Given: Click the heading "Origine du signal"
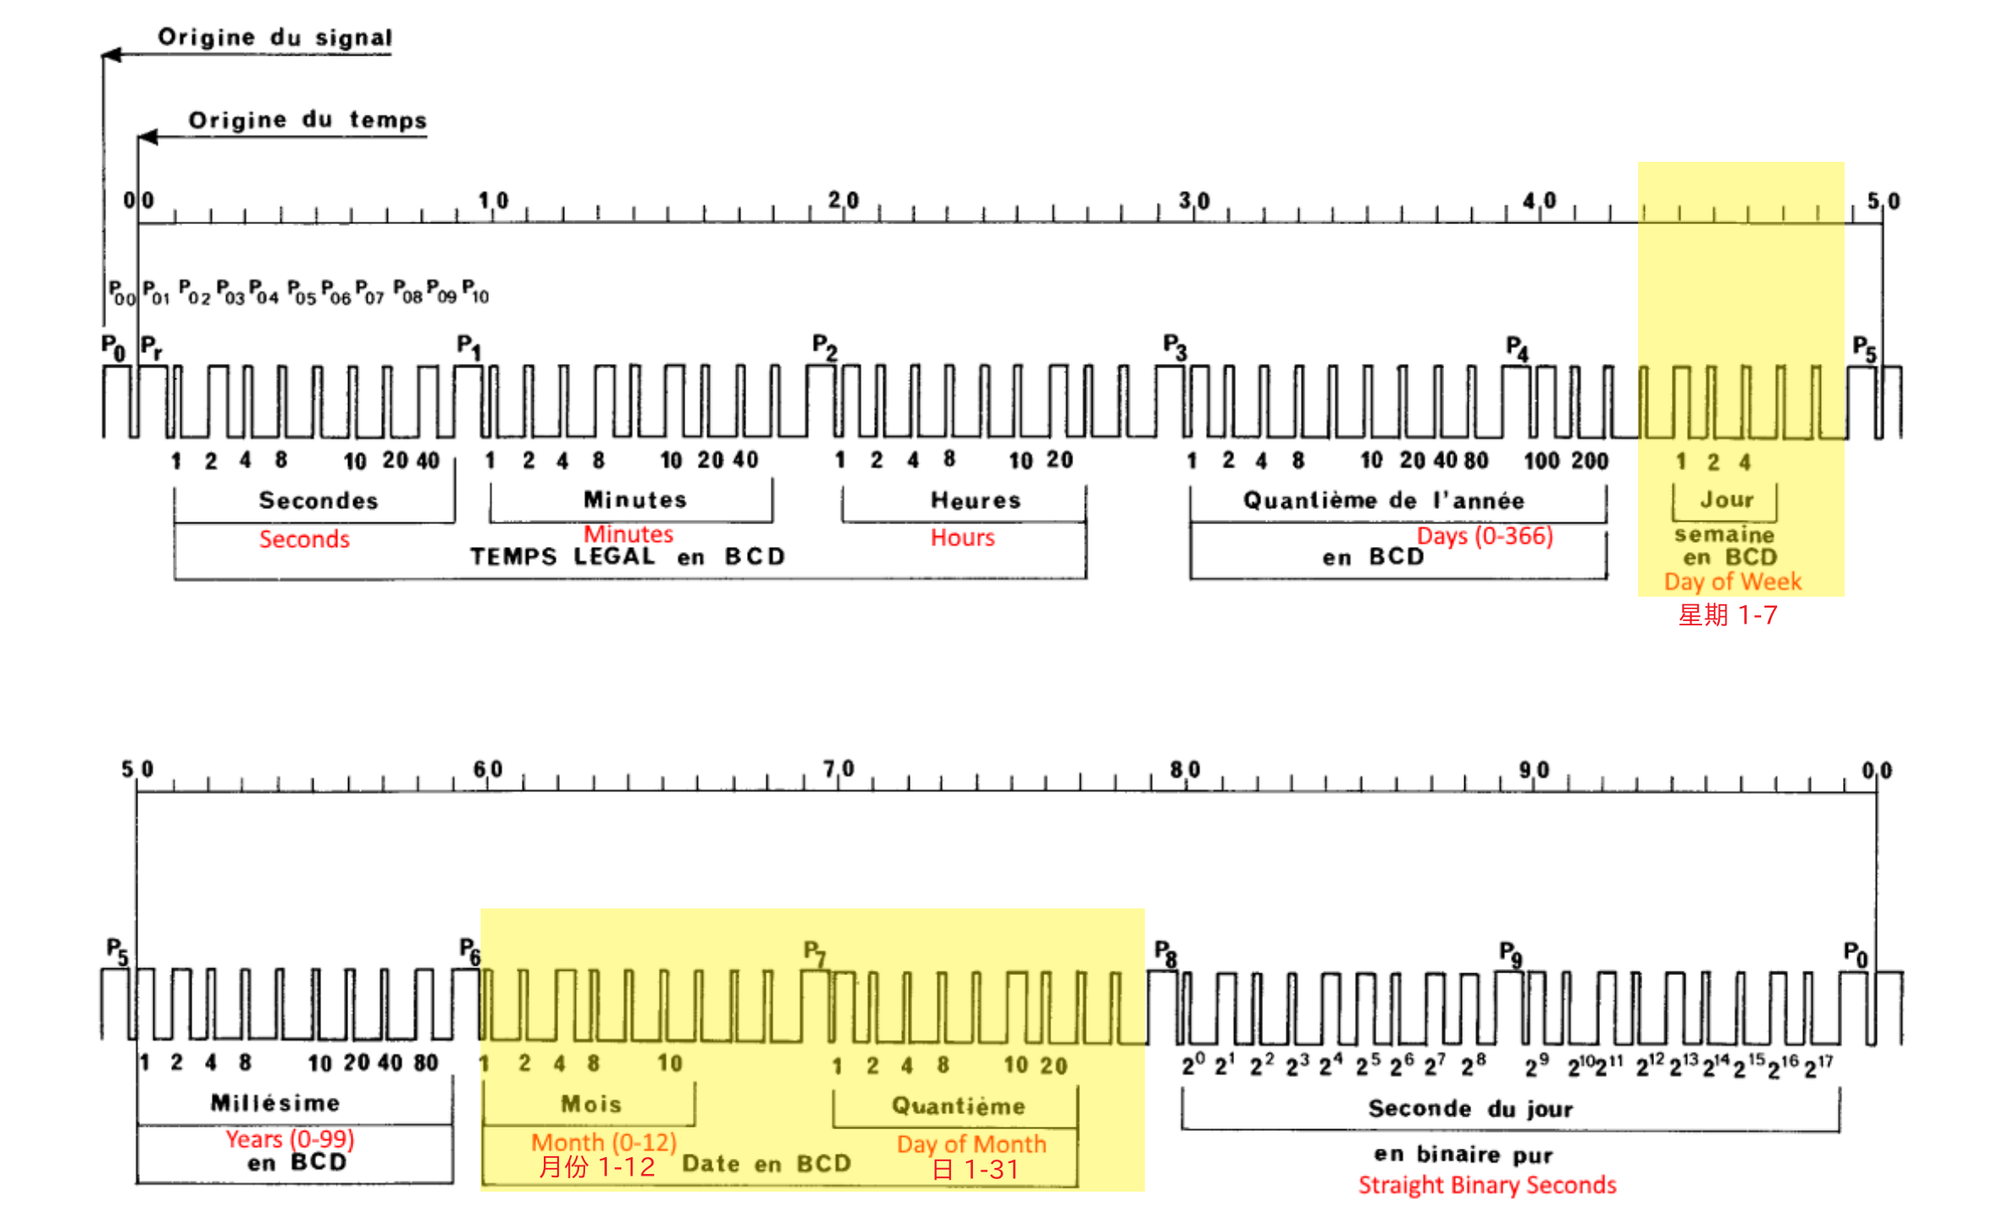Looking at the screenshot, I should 275,37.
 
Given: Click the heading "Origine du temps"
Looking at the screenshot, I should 308,120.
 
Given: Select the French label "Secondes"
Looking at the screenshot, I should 319,501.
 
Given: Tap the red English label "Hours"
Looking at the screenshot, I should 962,538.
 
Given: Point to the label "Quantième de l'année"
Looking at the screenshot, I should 1383,501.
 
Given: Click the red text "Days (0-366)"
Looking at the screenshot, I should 1485,536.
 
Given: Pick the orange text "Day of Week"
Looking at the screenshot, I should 1732,581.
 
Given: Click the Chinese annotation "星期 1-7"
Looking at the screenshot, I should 1727,615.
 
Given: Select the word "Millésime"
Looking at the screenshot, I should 276,1102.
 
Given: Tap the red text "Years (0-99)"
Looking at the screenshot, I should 290,1139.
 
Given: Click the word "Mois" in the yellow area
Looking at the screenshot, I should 591,1104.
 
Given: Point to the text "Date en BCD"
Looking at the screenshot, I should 766,1164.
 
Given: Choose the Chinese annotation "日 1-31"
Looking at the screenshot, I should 975,1170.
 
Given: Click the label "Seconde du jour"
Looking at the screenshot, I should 1470,1108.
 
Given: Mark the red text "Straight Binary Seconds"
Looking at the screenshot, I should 1487,1185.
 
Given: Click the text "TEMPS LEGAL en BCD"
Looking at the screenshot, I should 628,557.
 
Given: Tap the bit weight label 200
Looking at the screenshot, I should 1590,461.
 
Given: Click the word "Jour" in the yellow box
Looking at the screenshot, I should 1727,500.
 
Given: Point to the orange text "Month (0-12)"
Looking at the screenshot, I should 604,1142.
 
